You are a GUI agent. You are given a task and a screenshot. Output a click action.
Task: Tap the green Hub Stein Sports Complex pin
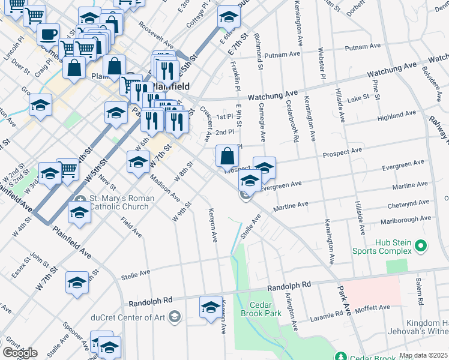[x=421, y=246]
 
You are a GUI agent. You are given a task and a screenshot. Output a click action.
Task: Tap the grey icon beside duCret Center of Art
[x=175, y=317]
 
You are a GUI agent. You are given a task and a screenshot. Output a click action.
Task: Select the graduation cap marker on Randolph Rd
[x=211, y=308]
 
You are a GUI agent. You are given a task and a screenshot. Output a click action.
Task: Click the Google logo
[x=20, y=353]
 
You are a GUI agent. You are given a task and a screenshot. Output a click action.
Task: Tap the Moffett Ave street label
[x=373, y=308]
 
